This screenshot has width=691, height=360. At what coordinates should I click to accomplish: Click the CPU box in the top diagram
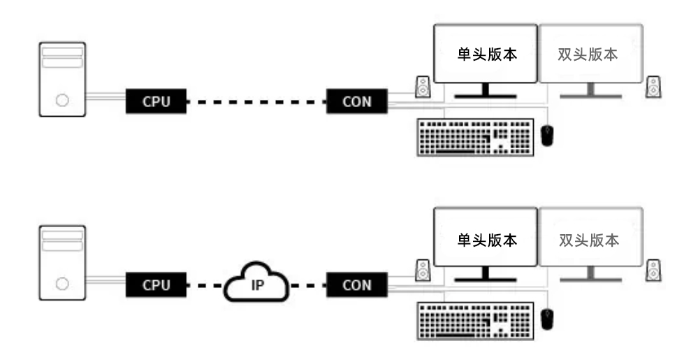point(157,101)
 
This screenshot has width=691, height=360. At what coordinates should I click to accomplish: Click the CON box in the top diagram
point(357,101)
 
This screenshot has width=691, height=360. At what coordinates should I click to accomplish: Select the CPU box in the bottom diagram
point(157,285)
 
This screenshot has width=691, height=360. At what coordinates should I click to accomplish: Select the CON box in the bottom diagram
point(357,285)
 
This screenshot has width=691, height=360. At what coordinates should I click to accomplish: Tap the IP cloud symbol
point(257,285)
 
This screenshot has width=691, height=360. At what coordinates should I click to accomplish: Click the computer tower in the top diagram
point(62,78)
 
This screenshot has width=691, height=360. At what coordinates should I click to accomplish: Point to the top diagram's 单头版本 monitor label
point(486,55)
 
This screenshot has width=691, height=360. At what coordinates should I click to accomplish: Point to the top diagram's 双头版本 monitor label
point(589,55)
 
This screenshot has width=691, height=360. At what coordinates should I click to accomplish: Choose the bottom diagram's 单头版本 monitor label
point(486,240)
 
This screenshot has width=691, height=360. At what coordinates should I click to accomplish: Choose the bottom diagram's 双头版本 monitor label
point(589,240)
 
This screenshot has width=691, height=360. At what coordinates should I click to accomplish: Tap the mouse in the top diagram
point(548,135)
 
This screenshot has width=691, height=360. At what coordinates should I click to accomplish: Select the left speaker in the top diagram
point(423,87)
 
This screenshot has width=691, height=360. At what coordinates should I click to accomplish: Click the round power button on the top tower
point(62,100)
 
